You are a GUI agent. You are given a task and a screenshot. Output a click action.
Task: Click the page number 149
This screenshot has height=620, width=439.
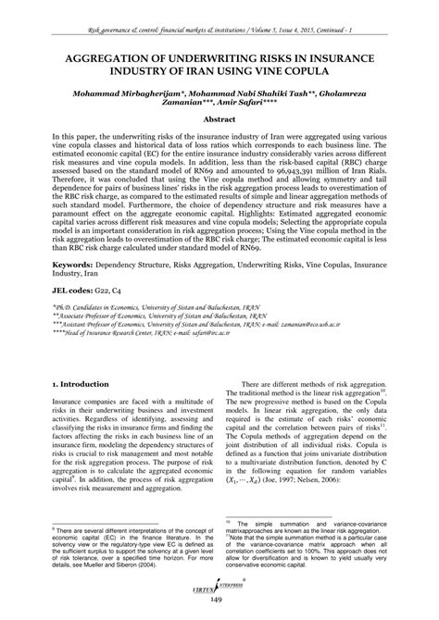point(219,603)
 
